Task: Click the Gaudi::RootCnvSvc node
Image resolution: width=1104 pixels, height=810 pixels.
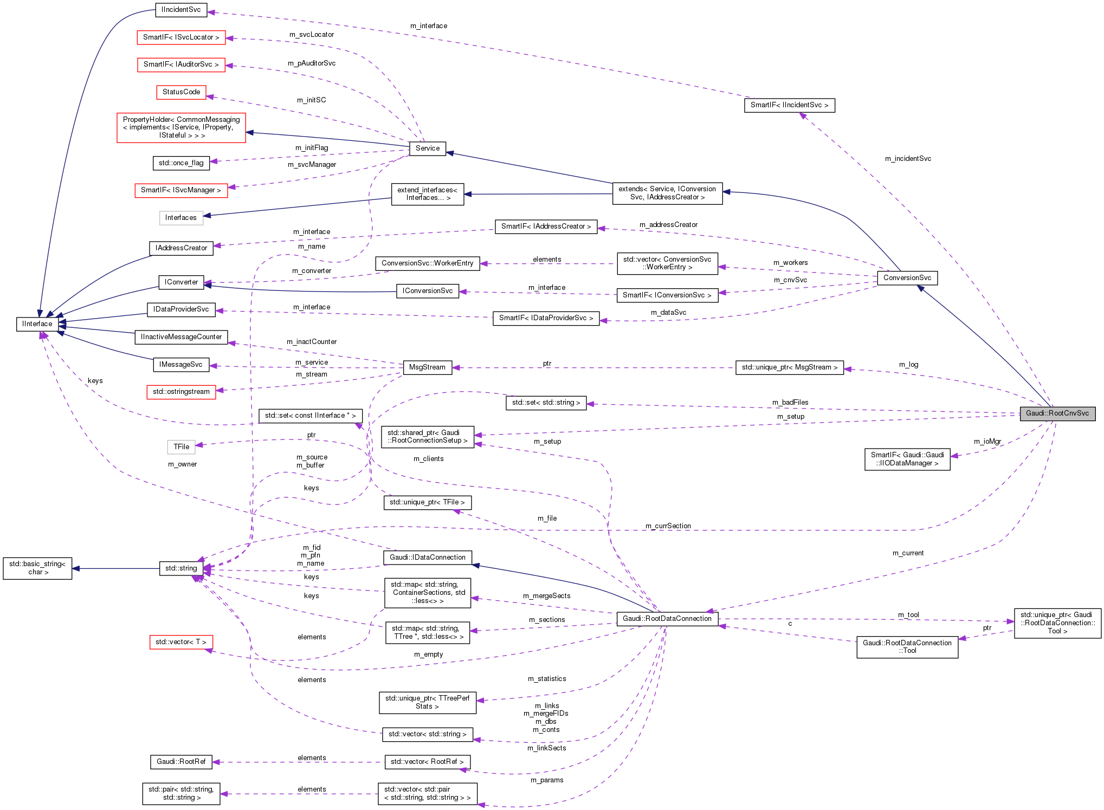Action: click(x=1057, y=413)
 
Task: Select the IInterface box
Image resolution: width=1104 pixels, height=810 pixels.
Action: click(x=37, y=324)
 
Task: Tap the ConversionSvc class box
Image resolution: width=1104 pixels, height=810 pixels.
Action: click(x=907, y=278)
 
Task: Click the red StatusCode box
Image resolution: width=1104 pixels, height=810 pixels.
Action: click(x=181, y=92)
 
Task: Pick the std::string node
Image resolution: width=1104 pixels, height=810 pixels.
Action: click(x=181, y=568)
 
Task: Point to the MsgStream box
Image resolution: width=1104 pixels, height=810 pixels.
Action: click(x=427, y=367)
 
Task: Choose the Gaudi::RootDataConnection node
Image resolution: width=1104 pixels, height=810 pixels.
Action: click(x=667, y=619)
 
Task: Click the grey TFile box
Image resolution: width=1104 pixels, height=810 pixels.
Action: click(x=181, y=447)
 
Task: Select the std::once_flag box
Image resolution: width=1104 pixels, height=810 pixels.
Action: click(x=181, y=163)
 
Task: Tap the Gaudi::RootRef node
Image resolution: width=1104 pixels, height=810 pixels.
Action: click(x=181, y=762)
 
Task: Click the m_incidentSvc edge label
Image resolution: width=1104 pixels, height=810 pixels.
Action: click(x=908, y=159)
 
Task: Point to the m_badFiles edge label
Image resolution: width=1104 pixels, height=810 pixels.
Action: click(x=790, y=403)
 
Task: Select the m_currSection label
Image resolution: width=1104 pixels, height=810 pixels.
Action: click(x=668, y=526)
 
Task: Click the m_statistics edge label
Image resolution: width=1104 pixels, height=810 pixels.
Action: click(x=546, y=679)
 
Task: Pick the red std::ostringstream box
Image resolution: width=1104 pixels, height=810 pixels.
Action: click(x=181, y=392)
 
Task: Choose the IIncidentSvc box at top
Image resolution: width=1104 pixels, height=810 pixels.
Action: click(x=181, y=10)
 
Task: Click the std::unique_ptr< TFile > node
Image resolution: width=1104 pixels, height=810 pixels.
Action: click(x=427, y=503)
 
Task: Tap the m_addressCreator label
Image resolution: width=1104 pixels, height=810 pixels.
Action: click(x=668, y=225)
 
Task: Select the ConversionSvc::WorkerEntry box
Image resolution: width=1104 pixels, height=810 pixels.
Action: click(x=427, y=263)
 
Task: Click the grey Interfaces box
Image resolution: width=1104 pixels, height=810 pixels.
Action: click(x=181, y=218)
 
